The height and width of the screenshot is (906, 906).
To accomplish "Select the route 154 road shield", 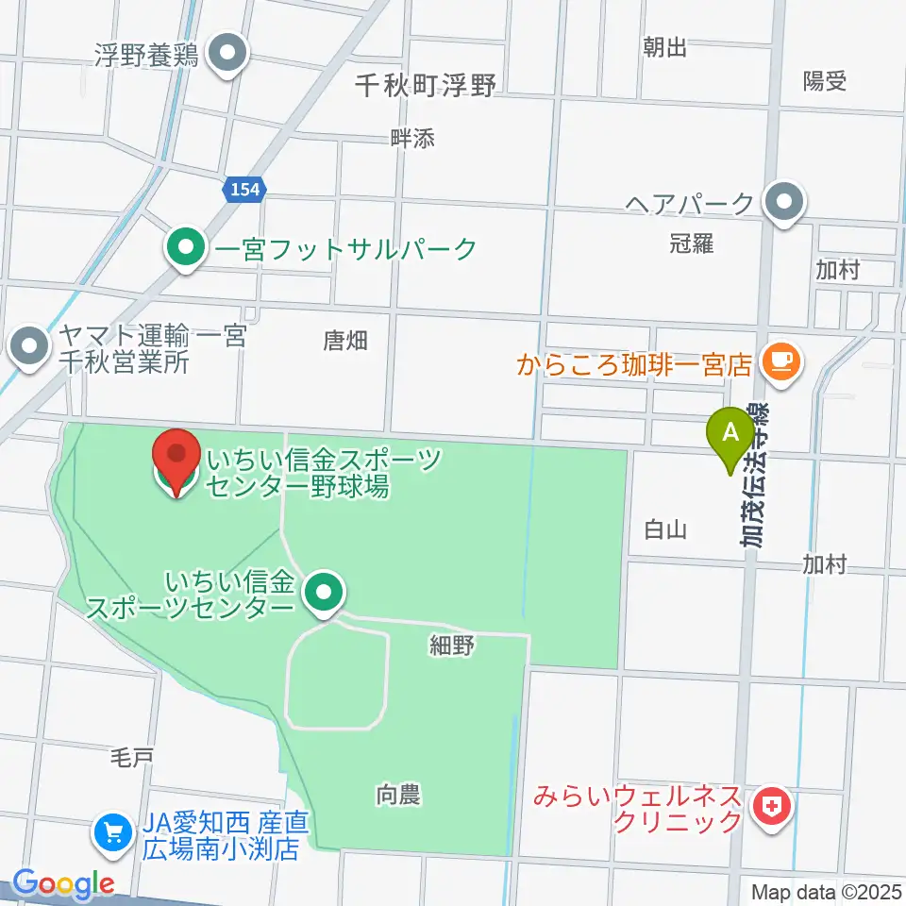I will pyautogui.click(x=244, y=190).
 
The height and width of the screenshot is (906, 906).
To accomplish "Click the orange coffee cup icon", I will pyautogui.click(x=780, y=360).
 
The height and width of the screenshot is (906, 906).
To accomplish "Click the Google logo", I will pyautogui.click(x=62, y=884).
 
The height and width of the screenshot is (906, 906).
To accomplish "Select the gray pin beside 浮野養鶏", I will pyautogui.click(x=227, y=53).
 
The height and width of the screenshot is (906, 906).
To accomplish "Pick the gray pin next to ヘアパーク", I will pyautogui.click(x=783, y=202).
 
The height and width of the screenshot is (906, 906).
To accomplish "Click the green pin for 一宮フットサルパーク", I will pyautogui.click(x=186, y=249).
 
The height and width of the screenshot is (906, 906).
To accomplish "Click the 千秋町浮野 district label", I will pyautogui.click(x=426, y=86).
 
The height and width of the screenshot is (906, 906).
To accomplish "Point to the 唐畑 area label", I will pyautogui.click(x=344, y=341).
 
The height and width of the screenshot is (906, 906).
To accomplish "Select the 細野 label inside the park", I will pyautogui.click(x=450, y=646).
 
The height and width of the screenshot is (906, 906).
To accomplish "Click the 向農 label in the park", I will pyautogui.click(x=397, y=796).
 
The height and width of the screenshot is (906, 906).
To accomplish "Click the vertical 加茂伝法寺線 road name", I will pyautogui.click(x=754, y=477).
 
